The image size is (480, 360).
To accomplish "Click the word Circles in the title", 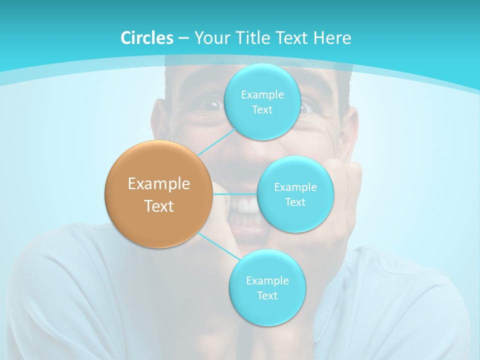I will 146,38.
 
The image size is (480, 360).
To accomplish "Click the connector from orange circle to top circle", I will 216,142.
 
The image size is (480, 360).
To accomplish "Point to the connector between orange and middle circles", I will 235,194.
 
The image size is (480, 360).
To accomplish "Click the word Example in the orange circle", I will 159,184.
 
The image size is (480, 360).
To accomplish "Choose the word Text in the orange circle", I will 159,206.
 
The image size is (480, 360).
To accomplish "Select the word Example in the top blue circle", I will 262,95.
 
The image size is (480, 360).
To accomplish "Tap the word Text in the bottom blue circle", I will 267,295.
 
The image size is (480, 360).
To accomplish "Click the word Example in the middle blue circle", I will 295,187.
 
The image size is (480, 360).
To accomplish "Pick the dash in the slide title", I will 183,38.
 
